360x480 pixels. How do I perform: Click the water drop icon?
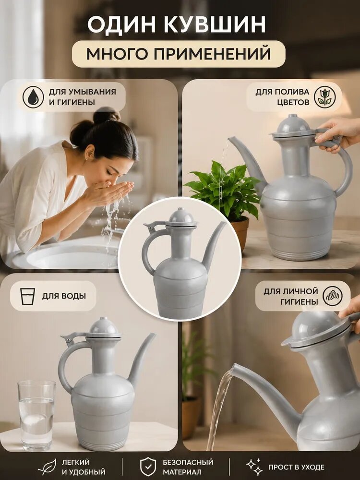click(x=34, y=97)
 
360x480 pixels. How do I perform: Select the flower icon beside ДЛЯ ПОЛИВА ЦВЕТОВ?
click(x=325, y=97)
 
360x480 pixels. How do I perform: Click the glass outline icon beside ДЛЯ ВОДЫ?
click(x=27, y=296)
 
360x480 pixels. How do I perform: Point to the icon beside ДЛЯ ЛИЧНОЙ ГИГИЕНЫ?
click(x=333, y=296)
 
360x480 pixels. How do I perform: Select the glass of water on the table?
click(x=36, y=415)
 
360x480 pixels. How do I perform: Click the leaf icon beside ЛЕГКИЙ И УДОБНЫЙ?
click(x=48, y=467)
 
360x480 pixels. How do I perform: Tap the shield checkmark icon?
click(x=148, y=467)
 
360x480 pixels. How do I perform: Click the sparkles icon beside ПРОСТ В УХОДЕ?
click(x=254, y=467)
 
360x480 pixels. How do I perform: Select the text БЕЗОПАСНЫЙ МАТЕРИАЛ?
click(x=188, y=467)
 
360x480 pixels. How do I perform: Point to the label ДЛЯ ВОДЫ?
click(x=64, y=296)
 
